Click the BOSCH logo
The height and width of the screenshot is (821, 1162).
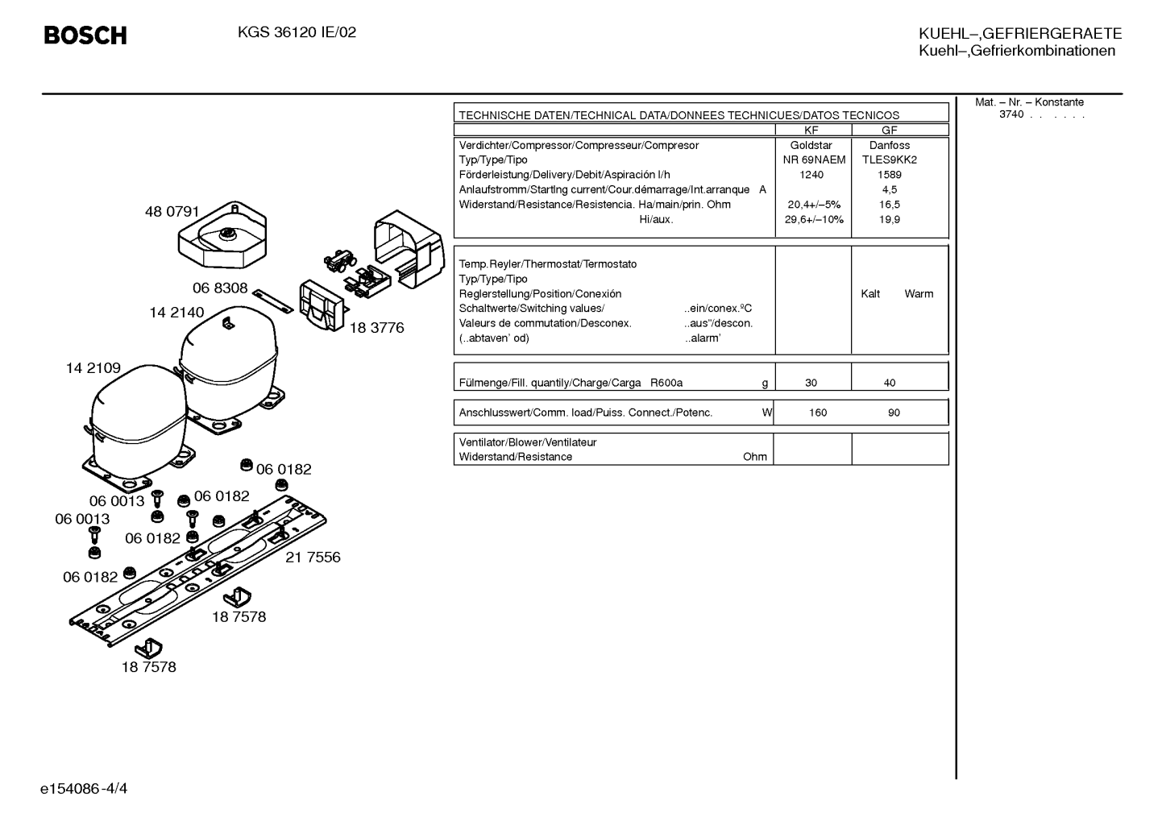coord(85,35)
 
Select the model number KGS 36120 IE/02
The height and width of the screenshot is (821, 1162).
coord(297,32)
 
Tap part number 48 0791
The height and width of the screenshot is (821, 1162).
coord(172,211)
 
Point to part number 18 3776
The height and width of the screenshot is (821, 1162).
coord(376,328)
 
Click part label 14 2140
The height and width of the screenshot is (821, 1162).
coord(177,313)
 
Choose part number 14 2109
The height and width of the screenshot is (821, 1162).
coord(93,367)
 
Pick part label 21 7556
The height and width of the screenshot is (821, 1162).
coord(313,557)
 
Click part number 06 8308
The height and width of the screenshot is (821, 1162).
coord(220,288)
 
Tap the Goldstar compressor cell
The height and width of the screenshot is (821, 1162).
coord(811,145)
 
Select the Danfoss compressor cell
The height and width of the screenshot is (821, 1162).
coord(890,145)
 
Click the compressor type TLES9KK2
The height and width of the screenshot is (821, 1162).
coord(890,160)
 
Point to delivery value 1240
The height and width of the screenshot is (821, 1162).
coord(811,175)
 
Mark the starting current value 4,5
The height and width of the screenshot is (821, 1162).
coord(890,190)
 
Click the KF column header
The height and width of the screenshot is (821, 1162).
coord(811,131)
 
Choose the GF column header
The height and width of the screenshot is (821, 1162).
coord(890,131)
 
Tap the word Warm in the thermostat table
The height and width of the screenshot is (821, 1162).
coord(919,293)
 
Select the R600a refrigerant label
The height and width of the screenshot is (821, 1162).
coord(666,383)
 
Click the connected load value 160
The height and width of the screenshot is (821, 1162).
coord(818,413)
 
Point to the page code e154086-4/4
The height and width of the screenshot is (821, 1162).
coord(84,789)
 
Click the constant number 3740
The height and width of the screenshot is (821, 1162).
coord(1011,114)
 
